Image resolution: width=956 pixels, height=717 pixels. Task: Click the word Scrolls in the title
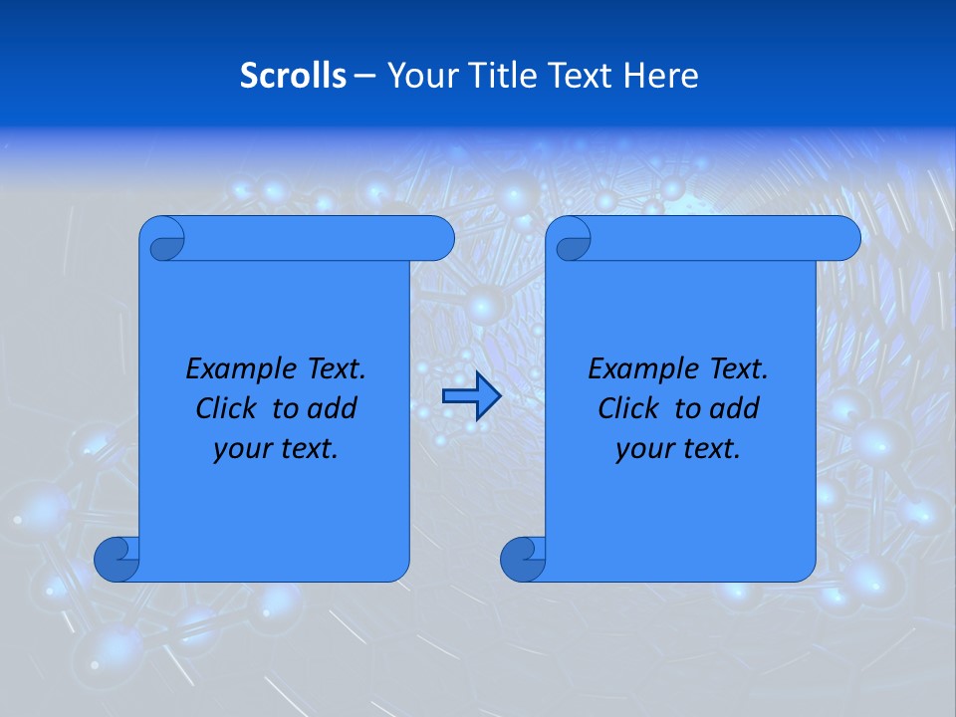[293, 76]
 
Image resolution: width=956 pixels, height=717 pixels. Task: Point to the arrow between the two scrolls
[471, 397]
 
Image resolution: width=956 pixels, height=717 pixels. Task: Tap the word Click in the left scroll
[225, 408]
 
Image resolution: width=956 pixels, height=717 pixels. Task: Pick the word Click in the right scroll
[627, 408]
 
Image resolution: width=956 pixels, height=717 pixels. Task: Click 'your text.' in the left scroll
[276, 449]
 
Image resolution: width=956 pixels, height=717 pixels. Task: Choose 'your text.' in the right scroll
[678, 449]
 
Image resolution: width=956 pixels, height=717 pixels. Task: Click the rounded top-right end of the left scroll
[438, 238]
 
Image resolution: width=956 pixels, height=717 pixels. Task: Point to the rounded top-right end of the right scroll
[844, 238]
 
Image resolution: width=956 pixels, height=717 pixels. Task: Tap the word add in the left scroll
[334, 408]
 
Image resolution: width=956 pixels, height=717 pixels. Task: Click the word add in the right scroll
[736, 408]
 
